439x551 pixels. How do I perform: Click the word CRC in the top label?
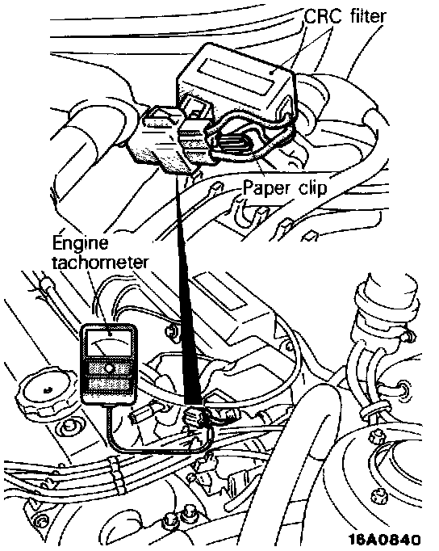tap(322, 16)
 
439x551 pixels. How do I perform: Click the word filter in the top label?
tap(367, 16)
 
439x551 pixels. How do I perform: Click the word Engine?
tap(81, 243)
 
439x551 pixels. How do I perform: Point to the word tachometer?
tap(100, 263)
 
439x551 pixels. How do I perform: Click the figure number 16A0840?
tap(384, 539)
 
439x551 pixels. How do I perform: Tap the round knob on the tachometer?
tap(108, 368)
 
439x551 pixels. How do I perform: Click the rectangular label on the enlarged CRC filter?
tap(237, 76)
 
